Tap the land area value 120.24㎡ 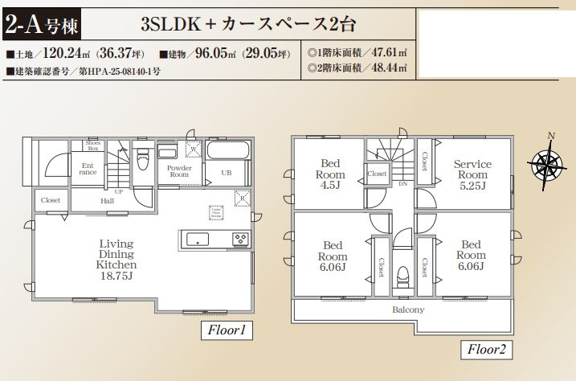65,55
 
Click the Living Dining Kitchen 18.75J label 116,259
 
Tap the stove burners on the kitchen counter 241,238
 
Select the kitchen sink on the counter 197,238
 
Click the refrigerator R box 239,197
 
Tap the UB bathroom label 227,172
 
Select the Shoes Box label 93,145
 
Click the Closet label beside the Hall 50,199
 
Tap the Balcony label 408,309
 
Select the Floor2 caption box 486,350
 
